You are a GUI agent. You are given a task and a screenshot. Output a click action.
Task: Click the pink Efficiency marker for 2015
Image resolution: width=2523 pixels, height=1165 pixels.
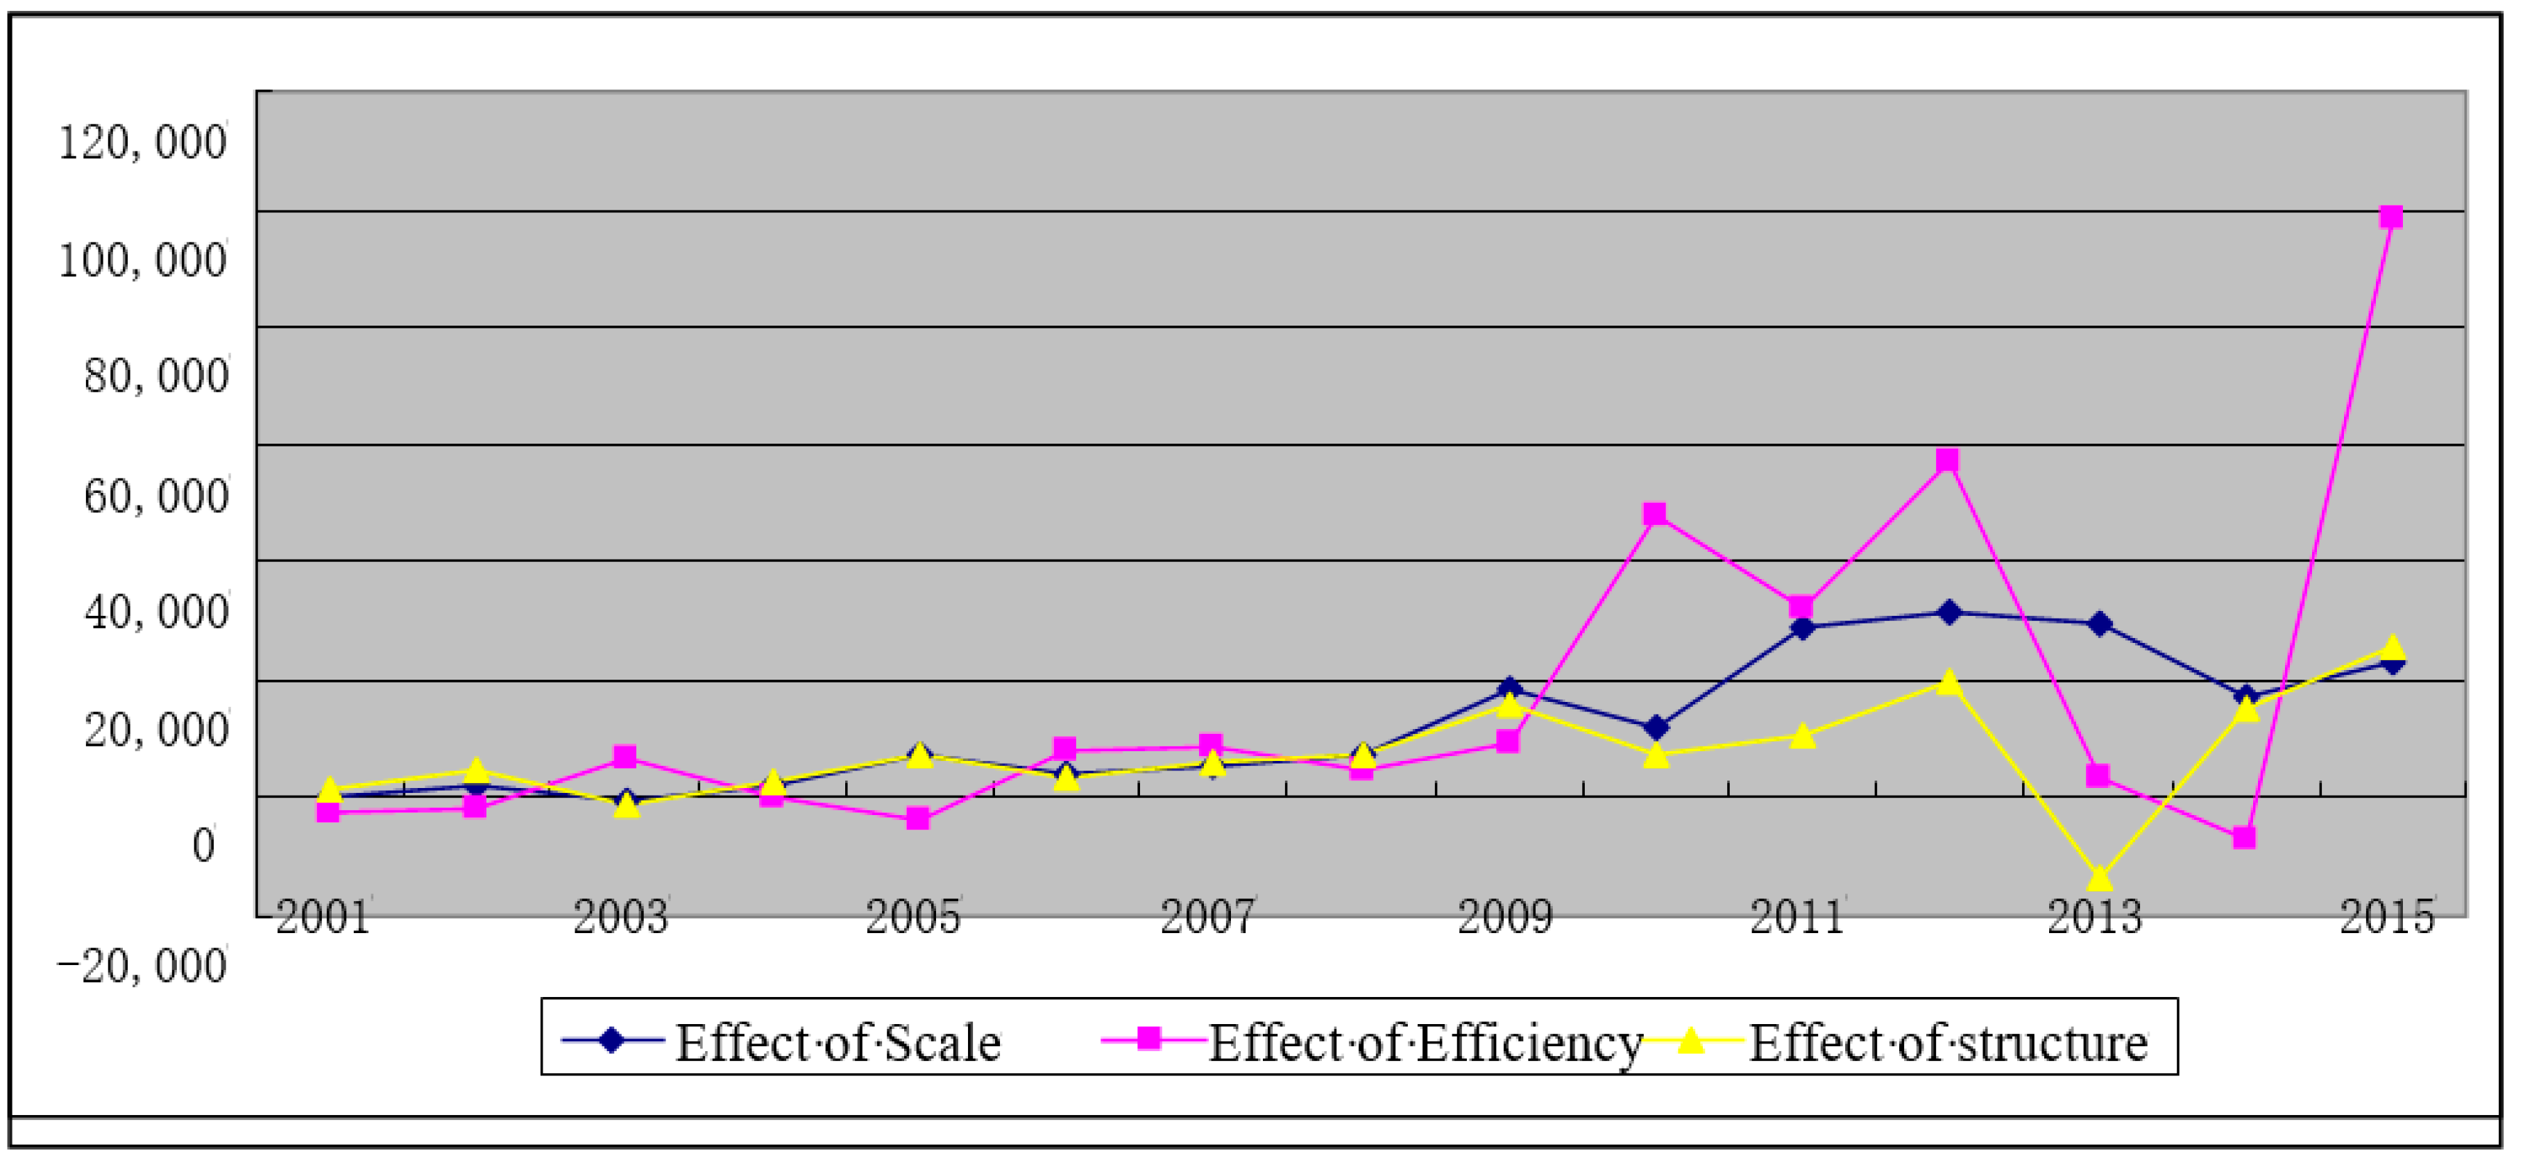[x=2390, y=217]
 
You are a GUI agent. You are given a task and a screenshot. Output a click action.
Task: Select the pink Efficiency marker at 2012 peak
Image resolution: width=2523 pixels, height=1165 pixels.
[x=1947, y=460]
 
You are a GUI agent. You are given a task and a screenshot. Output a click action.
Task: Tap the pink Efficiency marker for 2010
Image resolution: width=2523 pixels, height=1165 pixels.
[x=1654, y=514]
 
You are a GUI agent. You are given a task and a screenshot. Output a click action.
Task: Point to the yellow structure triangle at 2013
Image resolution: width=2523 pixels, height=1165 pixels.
[x=2098, y=878]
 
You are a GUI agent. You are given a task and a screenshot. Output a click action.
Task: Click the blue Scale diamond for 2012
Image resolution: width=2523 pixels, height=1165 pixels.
[x=1949, y=612]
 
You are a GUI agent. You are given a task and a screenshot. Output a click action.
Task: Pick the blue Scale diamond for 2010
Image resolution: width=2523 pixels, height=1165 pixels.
[x=1655, y=728]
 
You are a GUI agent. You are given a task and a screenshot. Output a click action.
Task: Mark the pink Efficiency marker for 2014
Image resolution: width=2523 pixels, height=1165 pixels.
[x=2244, y=838]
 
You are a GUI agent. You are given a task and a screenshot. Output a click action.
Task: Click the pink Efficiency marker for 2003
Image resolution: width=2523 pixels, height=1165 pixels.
[x=624, y=757]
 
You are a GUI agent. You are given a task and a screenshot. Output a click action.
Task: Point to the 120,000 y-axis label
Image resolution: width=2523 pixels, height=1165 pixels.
[x=143, y=143]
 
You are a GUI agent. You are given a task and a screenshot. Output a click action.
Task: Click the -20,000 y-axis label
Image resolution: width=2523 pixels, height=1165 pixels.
[x=143, y=966]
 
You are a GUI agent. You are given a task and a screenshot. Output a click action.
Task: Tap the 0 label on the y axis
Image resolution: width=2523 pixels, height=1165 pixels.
[x=203, y=846]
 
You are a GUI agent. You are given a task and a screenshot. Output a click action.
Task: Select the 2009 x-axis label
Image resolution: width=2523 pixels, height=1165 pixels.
[x=1504, y=918]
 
